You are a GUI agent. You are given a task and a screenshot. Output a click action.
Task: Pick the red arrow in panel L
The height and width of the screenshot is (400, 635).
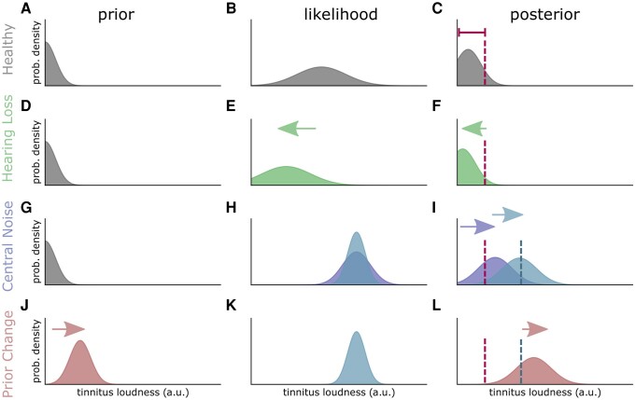pyautogui.click(x=535, y=329)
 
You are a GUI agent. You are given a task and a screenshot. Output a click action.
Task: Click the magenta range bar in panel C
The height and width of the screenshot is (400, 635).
pyautogui.click(x=472, y=34)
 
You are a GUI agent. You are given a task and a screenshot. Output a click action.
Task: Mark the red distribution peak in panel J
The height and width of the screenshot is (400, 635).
pyautogui.click(x=80, y=343)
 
